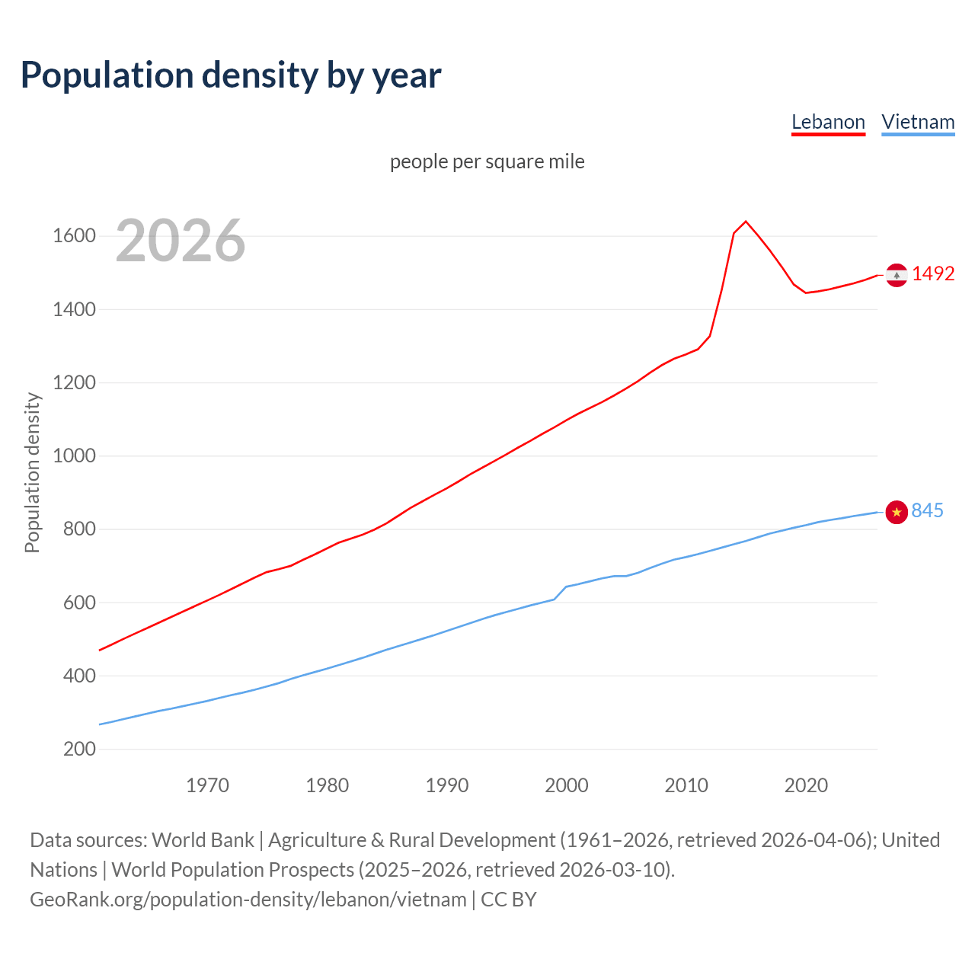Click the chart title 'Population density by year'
click(231, 75)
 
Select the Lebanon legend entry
click(828, 122)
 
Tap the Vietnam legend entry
click(918, 122)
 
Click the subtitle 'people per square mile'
click(487, 161)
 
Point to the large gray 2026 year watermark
click(181, 241)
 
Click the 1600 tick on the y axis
click(74, 236)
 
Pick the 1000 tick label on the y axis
click(74, 456)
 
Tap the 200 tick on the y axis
click(79, 750)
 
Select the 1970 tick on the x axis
click(207, 785)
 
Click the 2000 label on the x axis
click(566, 785)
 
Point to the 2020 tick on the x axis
click(806, 785)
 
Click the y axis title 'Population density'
click(32, 472)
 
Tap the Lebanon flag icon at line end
click(896, 275)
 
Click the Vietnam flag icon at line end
click(897, 512)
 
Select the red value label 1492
click(933, 274)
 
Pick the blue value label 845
click(927, 511)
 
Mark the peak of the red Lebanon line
click(746, 222)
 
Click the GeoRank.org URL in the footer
click(248, 900)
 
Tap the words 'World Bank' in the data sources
click(203, 840)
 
